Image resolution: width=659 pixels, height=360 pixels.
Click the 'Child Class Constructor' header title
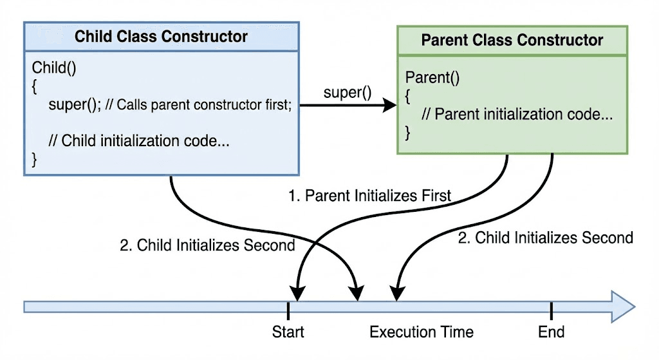(161, 36)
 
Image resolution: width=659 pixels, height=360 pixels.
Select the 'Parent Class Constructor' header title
(512, 40)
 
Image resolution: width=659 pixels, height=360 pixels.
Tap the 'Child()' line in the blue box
(54, 68)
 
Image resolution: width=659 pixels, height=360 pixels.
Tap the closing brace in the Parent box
(408, 133)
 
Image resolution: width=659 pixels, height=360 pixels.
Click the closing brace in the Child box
(35, 158)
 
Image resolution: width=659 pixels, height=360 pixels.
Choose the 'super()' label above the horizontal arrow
(347, 92)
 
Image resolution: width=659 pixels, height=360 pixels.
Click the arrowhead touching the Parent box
(389, 106)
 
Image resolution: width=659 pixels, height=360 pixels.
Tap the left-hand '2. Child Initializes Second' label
(207, 245)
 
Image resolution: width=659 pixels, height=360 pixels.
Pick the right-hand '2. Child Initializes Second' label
(545, 238)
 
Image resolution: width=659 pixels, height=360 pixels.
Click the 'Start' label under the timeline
(288, 332)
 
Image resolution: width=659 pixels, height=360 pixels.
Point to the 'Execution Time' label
(422, 332)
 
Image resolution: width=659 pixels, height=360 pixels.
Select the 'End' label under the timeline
(551, 332)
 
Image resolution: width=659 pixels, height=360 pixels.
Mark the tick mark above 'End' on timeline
(551, 310)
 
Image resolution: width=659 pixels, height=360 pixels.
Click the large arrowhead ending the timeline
(622, 305)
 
